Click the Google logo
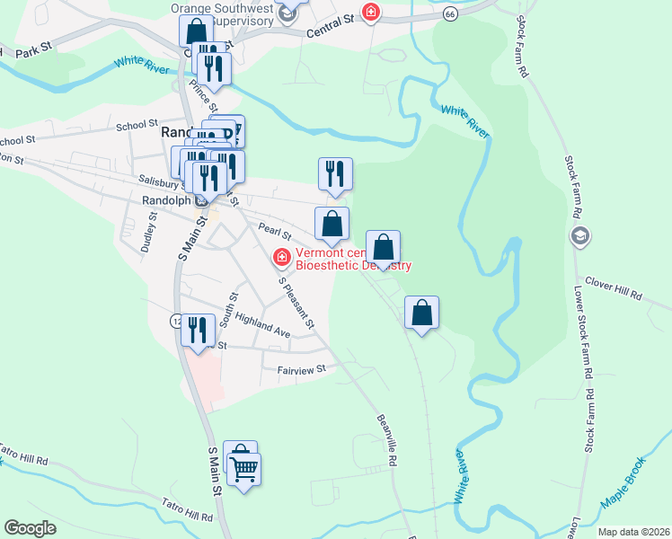tap(31, 528)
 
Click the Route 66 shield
tap(450, 14)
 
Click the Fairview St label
tap(301, 368)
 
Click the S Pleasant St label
tap(297, 303)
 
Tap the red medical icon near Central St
tap(369, 12)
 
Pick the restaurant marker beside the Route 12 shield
tap(198, 330)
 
